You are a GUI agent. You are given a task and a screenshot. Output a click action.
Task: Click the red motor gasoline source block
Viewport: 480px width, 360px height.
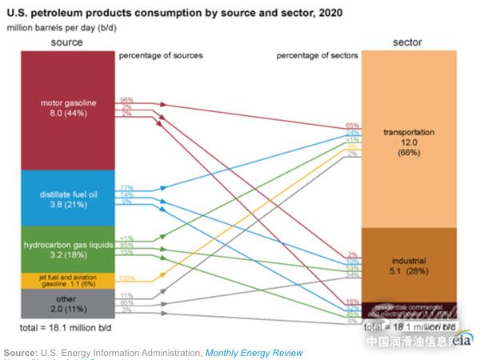pyautogui.click(x=68, y=109)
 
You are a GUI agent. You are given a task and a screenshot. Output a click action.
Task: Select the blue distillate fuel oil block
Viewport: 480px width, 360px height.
pyautogui.click(x=68, y=198)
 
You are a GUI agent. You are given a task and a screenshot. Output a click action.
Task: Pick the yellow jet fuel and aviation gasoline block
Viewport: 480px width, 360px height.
pyautogui.click(x=68, y=280)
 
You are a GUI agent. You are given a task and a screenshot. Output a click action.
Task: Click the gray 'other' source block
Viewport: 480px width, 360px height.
pyautogui.click(x=68, y=305)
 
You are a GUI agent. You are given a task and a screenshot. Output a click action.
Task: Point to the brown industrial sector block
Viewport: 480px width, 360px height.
pyautogui.click(x=409, y=264)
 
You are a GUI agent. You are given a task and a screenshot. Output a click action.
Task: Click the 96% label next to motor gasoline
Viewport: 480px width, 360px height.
pyautogui.click(x=126, y=100)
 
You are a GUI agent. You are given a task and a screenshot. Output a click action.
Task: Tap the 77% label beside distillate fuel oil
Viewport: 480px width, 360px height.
pyautogui.click(x=126, y=188)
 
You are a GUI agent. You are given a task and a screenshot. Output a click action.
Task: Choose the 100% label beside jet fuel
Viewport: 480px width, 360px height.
pyautogui.click(x=127, y=278)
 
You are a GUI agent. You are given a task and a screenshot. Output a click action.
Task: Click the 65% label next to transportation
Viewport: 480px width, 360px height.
pyautogui.click(x=352, y=126)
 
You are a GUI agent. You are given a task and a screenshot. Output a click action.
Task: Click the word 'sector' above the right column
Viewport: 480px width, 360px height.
pyautogui.click(x=408, y=42)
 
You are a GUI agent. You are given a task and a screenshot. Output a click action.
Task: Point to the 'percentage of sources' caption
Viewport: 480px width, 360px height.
pyautogui.click(x=160, y=55)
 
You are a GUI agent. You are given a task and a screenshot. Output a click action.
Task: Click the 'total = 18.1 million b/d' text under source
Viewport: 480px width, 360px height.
pyautogui.click(x=68, y=328)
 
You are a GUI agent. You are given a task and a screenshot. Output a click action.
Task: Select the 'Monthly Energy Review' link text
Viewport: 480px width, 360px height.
pyautogui.click(x=254, y=352)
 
